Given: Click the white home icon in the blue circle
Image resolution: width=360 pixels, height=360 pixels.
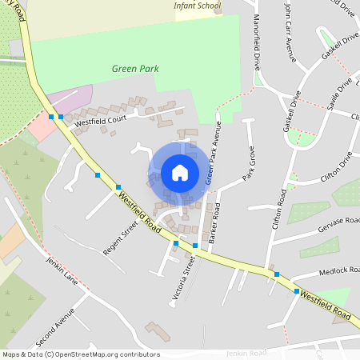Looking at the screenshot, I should (x=180, y=172).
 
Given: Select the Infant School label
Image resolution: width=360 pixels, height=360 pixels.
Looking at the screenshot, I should (x=198, y=5).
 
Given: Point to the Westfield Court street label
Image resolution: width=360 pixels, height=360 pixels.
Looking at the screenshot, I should (x=100, y=119).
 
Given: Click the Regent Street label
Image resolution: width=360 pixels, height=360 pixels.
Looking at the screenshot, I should (x=121, y=238).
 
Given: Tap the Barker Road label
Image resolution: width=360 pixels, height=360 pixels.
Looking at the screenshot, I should (x=214, y=227).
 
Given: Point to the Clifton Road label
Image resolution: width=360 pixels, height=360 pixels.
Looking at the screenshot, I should (x=279, y=203).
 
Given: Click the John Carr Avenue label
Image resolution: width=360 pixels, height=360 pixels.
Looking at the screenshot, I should (x=290, y=32).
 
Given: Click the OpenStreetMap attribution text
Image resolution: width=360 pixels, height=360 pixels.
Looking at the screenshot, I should (x=81, y=354).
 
